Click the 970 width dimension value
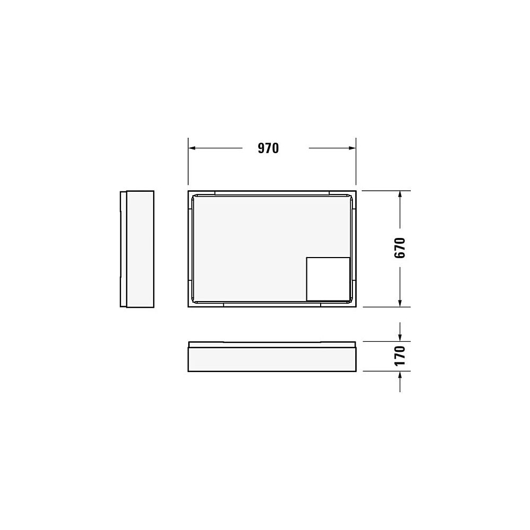268,148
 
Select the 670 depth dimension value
400,248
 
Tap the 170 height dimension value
400,356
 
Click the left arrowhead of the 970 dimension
192,148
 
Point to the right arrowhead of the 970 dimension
352,148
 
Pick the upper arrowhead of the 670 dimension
400,195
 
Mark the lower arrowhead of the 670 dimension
400,303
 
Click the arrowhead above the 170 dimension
400,337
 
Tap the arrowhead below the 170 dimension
400,375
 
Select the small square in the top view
328,279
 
